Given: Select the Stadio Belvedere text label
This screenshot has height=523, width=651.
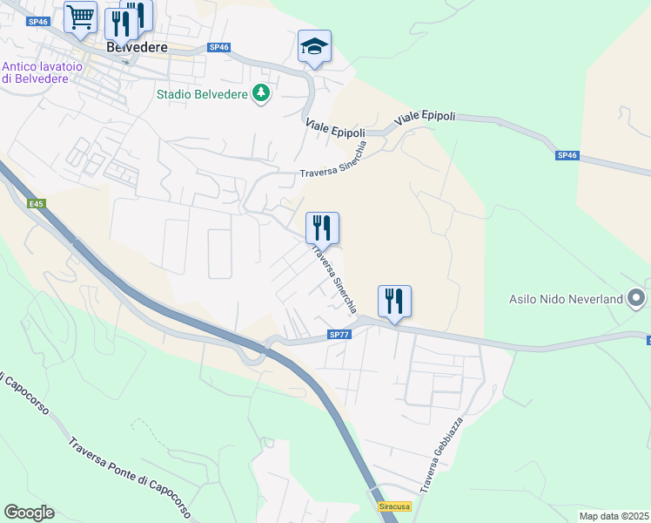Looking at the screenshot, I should (202, 94).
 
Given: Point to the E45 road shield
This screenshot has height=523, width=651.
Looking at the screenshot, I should (36, 204).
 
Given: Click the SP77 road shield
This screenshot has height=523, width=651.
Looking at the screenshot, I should (339, 335).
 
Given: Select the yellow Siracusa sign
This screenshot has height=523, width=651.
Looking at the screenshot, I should (393, 506).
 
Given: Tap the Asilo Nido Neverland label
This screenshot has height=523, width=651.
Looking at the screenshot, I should (567, 299).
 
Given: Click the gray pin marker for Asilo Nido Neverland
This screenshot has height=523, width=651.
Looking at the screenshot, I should (637, 299).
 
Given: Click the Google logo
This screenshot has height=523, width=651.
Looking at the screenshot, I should (29, 513).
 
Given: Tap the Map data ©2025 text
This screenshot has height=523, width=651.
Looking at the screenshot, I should (613, 516).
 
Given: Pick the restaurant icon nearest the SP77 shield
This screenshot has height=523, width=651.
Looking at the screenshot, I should (394, 301).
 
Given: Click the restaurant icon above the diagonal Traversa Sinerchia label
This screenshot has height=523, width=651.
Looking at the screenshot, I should (322, 228).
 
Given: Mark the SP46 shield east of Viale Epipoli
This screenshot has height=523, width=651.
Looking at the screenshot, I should (567, 155).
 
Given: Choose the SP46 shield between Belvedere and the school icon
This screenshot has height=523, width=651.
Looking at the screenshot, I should (218, 48).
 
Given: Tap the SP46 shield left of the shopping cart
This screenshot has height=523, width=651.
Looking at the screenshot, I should (37, 21).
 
